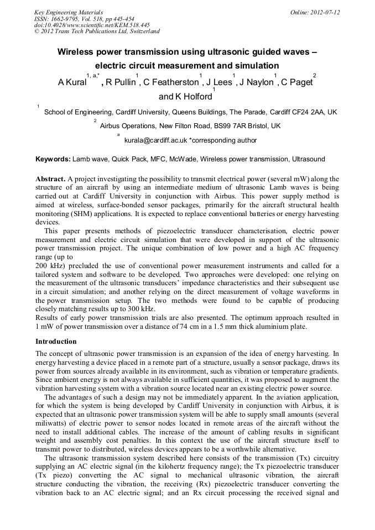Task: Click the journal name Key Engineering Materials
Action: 69,12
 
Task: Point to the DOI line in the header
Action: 92,25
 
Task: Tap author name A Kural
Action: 71,82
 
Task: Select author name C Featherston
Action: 170,82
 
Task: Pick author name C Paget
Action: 296,82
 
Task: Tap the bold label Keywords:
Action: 53,159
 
